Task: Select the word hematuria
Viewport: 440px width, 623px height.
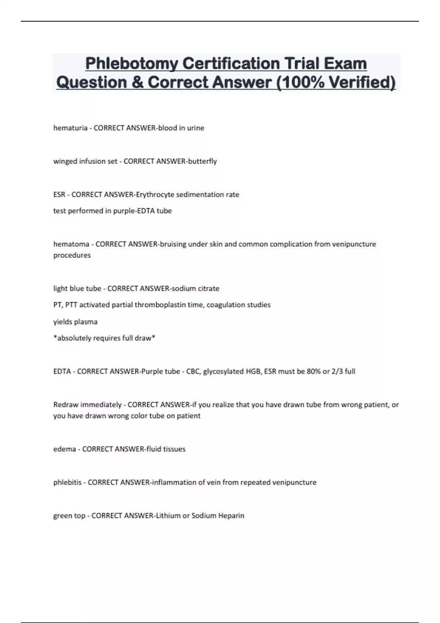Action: (x=70, y=128)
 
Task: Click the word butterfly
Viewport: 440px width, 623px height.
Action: (x=202, y=161)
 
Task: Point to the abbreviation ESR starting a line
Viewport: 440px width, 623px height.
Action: (x=59, y=195)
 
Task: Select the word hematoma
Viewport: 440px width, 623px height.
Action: (x=71, y=244)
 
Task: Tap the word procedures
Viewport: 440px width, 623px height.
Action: (x=72, y=255)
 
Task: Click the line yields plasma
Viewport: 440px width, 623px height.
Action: (x=75, y=322)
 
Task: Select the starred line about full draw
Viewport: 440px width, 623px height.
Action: (x=104, y=338)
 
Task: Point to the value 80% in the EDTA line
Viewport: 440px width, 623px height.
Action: (x=313, y=371)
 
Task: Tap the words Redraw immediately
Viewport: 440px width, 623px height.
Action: (x=87, y=405)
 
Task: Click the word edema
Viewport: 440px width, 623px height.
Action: (x=65, y=449)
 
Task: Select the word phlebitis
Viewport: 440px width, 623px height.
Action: (x=67, y=482)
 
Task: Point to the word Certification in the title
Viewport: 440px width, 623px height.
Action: (x=231, y=64)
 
